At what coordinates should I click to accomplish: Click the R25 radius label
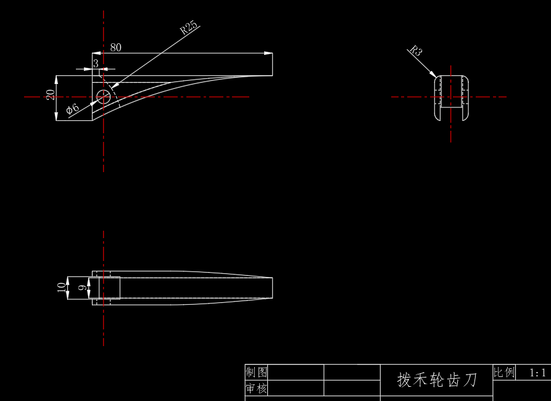click(188, 27)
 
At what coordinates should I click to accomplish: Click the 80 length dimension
click(115, 48)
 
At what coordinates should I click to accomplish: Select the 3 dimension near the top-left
click(96, 63)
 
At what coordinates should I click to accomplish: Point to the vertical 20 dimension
click(51, 94)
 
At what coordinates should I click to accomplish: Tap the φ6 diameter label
click(72, 109)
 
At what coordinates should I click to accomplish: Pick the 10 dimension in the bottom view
click(60, 287)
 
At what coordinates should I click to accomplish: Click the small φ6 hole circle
click(104, 96)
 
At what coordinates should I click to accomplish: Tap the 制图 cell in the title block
click(257, 372)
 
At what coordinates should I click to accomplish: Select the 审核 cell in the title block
click(257, 389)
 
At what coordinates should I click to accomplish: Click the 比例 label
click(503, 372)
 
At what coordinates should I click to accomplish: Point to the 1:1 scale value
click(538, 373)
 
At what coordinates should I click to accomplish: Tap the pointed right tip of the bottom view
click(272, 287)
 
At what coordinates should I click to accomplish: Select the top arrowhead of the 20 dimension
click(56, 79)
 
